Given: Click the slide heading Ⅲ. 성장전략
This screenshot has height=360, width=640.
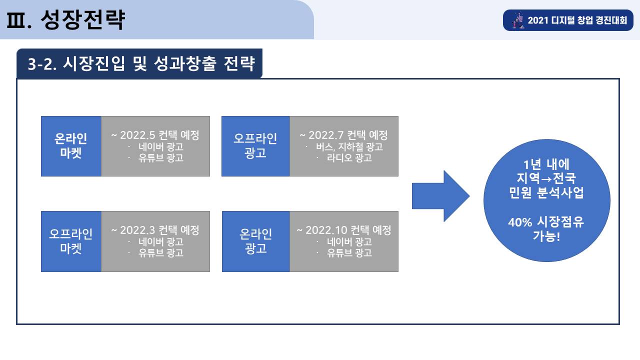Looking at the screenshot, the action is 65,19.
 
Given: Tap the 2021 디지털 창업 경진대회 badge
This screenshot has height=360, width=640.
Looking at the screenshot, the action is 568,20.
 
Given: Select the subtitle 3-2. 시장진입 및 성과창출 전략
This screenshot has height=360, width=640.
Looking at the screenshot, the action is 141,63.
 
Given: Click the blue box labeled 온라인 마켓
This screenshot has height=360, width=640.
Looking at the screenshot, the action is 71,146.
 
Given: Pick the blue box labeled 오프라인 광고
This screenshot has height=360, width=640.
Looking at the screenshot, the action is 255,146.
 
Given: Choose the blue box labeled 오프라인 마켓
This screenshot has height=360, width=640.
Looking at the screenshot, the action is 71,241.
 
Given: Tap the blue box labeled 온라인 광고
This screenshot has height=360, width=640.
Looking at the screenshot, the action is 256,241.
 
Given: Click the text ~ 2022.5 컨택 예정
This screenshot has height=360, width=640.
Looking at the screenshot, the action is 155,135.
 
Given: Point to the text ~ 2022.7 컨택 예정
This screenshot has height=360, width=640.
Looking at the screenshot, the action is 343,135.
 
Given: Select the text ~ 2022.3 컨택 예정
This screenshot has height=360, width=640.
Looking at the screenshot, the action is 155,230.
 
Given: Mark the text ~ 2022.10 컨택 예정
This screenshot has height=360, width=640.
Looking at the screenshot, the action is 343,230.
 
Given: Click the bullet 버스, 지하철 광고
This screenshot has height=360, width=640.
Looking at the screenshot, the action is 349,147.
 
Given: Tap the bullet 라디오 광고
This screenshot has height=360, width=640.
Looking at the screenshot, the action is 349,157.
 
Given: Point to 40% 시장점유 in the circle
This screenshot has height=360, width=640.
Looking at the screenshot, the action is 546,222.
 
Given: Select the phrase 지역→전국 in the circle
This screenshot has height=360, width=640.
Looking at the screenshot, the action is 546,178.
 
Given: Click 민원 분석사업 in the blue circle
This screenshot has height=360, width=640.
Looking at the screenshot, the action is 546,192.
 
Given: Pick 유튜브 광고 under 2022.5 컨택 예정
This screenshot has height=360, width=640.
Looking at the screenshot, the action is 161,157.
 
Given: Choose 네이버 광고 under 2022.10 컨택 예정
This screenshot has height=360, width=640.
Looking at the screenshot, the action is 349,242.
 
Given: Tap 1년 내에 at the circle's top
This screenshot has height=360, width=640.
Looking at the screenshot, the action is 546,164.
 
